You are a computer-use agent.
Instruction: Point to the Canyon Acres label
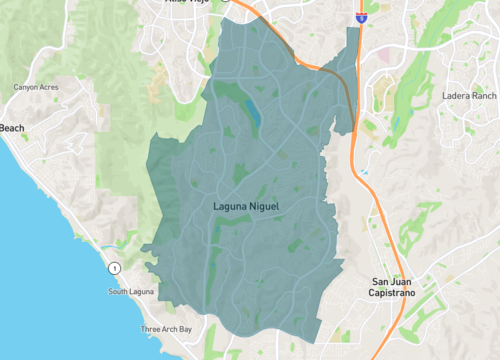(x=37, y=87)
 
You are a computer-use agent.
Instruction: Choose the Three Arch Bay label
(x=165, y=329)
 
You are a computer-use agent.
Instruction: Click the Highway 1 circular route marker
(x=116, y=268)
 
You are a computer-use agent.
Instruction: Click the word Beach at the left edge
(x=12, y=128)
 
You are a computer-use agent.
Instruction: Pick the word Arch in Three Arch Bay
(x=167, y=329)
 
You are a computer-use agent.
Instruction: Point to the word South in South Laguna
(x=119, y=292)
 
